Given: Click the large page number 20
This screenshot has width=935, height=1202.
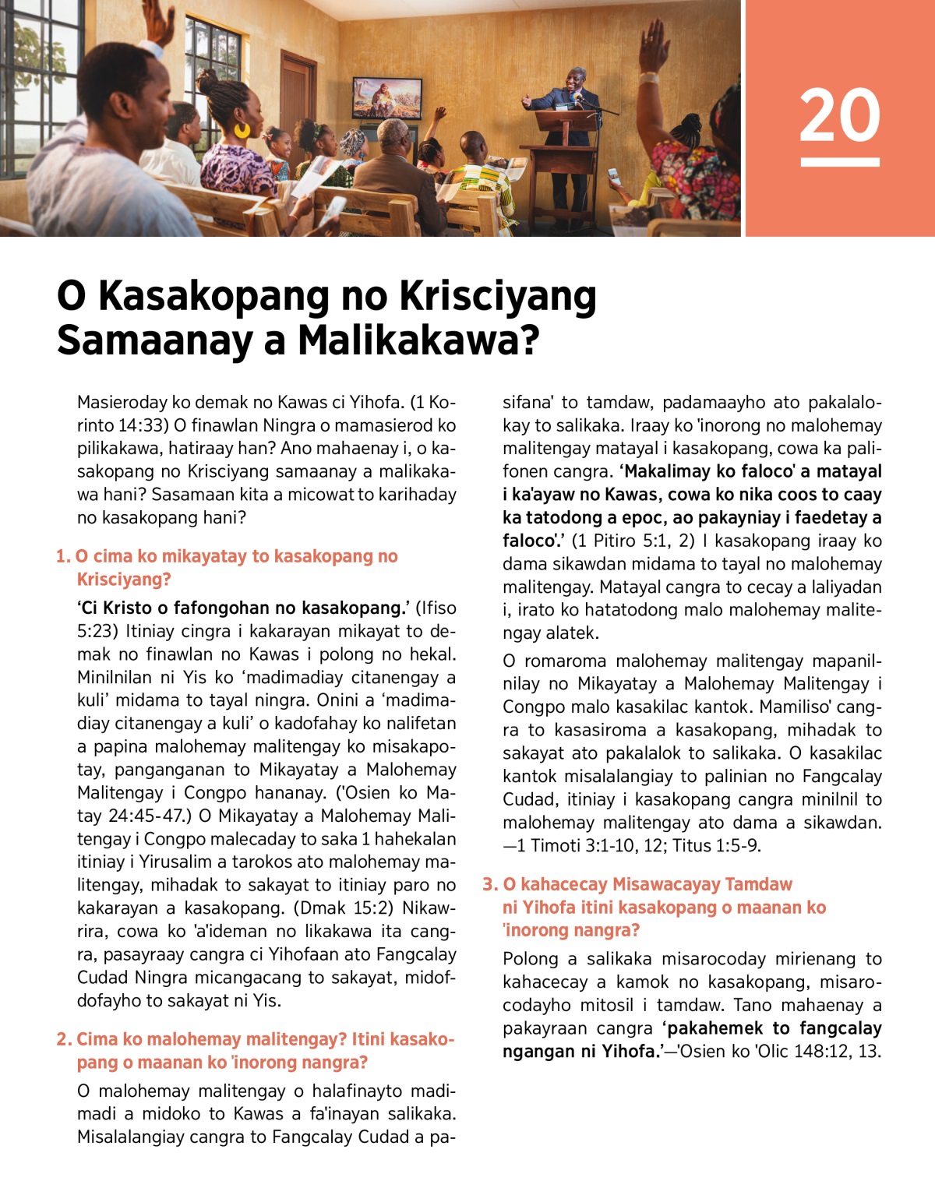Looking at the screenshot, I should click(x=839, y=115).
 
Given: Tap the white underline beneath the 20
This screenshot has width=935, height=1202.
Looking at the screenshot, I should click(x=839, y=162).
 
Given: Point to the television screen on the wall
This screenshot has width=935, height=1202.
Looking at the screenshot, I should click(x=386, y=97).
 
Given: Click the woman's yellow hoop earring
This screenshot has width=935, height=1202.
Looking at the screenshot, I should click(x=242, y=129).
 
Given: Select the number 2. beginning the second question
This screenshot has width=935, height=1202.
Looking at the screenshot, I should click(x=64, y=1039).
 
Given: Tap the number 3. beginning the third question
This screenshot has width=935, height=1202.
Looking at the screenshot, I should click(x=489, y=884).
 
